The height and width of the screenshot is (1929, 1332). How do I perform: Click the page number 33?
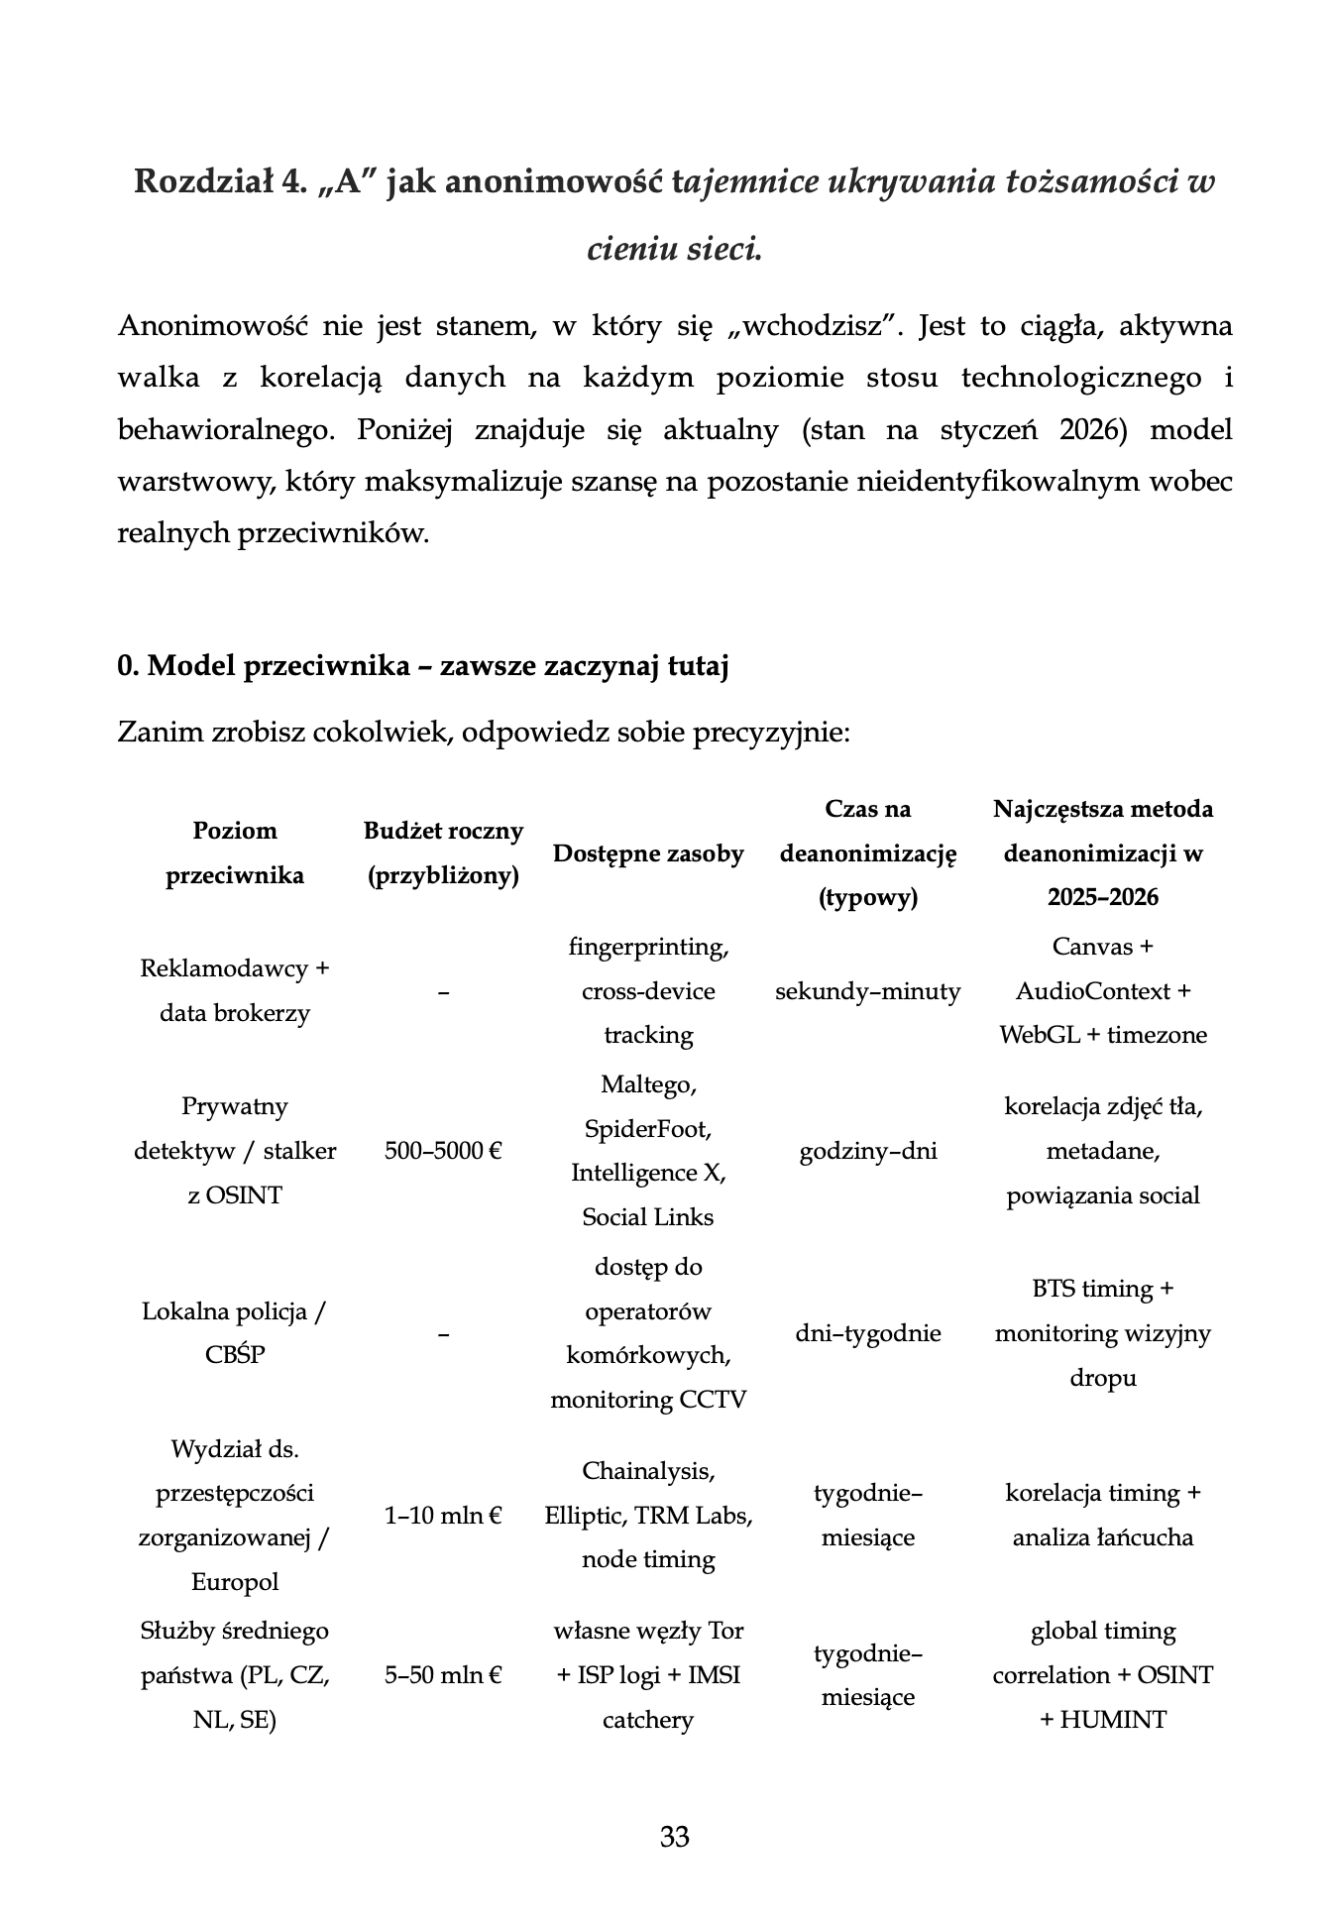674,1837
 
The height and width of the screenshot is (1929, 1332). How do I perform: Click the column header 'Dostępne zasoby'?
647,853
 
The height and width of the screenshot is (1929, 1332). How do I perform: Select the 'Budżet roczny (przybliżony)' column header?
443,853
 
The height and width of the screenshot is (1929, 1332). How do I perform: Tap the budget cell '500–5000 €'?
443,1151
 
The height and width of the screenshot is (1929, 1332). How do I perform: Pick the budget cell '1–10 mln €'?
443,1516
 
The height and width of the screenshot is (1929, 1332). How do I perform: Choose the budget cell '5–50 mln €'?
443,1675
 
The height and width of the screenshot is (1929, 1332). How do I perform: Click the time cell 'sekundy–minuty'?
867,991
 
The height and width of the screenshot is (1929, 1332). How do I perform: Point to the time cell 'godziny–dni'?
867,1151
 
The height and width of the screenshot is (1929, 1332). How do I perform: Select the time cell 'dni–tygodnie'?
867,1333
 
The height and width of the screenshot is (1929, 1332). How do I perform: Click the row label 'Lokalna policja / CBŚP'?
234,1333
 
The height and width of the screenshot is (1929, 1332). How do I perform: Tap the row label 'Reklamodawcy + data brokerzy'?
234,991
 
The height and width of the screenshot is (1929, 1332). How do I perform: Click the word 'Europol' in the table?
234,1582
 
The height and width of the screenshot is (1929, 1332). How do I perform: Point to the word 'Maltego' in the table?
647,1084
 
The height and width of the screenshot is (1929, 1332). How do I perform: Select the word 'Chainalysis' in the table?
647,1471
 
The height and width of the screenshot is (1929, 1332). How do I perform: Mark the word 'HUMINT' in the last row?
1113,1720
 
